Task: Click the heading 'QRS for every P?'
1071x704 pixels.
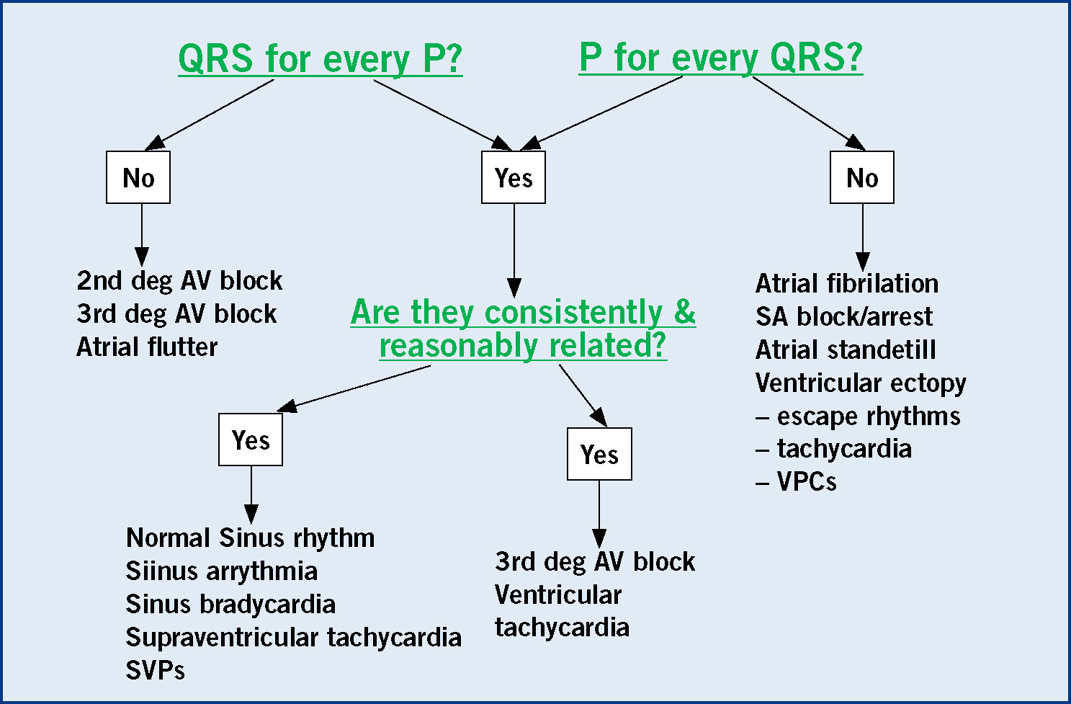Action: (x=321, y=59)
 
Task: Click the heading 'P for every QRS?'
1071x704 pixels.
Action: (x=721, y=58)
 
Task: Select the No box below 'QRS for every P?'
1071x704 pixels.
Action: (x=138, y=177)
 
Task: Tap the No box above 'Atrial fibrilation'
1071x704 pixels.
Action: (x=862, y=177)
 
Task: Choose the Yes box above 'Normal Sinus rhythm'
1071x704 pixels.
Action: (x=251, y=440)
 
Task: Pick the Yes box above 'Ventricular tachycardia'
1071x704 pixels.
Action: (x=599, y=454)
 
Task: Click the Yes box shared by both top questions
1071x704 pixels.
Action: (x=514, y=177)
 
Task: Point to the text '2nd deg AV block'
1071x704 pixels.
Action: (x=179, y=281)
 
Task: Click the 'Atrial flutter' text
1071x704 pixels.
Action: (x=147, y=347)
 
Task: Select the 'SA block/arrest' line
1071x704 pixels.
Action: (x=844, y=316)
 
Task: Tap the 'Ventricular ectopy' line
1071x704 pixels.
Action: (x=861, y=383)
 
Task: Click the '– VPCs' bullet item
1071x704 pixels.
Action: (x=796, y=481)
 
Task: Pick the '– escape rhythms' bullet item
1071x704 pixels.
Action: (x=858, y=416)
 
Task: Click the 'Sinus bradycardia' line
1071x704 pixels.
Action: (x=230, y=604)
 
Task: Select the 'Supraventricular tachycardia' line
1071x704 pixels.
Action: (x=294, y=638)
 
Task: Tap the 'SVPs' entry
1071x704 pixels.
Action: (x=155, y=670)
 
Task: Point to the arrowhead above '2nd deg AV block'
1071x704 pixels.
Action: (x=141, y=257)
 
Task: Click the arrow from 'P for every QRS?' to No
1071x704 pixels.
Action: (x=809, y=113)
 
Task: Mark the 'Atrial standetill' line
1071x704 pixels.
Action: (x=846, y=349)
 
